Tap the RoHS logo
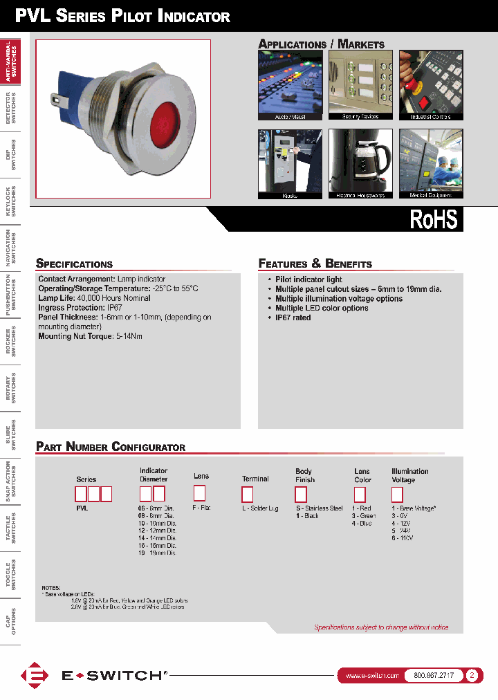pyautogui.click(x=434, y=219)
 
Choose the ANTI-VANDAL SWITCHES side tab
pyautogui.click(x=10, y=60)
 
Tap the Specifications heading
pyautogui.click(x=74, y=264)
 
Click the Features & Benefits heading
pyautogui.click(x=315, y=264)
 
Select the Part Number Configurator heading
pyautogui.click(x=111, y=447)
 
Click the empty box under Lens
pyautogui.click(x=199, y=493)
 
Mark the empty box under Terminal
pyautogui.click(x=247, y=494)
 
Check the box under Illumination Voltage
pyautogui.click(x=397, y=494)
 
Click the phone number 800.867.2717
pyautogui.click(x=433, y=675)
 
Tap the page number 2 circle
pyautogui.click(x=472, y=675)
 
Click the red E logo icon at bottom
pyautogui.click(x=33, y=676)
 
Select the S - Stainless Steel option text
pyautogui.click(x=319, y=508)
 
